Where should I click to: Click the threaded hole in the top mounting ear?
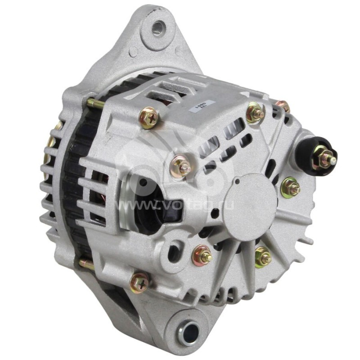(158, 30)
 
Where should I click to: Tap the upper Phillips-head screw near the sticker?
(148, 118)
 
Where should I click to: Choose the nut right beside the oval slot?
(202, 256)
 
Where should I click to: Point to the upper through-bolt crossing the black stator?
(96, 104)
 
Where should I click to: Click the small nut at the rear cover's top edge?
(283, 107)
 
